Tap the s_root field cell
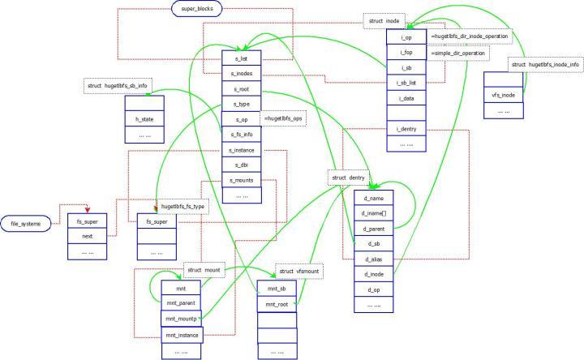(242, 90)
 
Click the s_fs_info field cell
(242, 135)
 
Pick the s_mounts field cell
(242, 180)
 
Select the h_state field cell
(144, 119)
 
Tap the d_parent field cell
(374, 229)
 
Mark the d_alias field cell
(374, 259)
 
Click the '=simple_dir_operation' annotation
(459, 53)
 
